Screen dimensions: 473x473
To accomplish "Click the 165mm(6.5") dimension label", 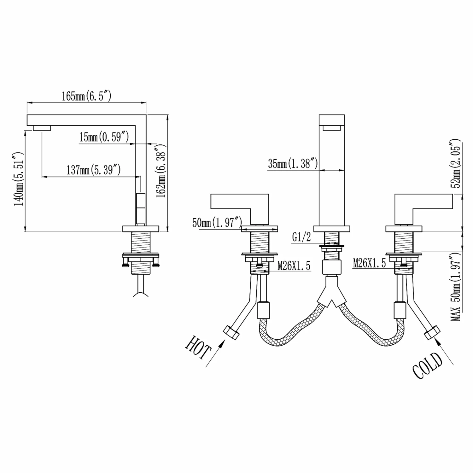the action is click(86, 96).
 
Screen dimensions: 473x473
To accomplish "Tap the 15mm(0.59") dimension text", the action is click(104, 137).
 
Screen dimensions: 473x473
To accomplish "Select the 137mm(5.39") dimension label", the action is click(94, 170).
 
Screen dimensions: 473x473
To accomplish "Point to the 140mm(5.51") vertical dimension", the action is click(18, 179).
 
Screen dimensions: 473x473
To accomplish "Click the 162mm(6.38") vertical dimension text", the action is click(161, 171).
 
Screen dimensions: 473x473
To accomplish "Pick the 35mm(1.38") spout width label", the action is click(293, 164).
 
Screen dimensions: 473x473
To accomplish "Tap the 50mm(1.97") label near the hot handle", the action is click(217, 223).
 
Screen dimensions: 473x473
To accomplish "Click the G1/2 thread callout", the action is click(301, 237).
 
